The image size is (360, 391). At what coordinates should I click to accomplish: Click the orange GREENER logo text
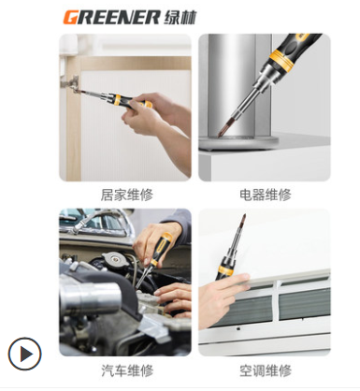111,17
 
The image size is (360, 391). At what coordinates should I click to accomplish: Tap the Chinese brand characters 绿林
180,17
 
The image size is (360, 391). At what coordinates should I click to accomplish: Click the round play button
24,354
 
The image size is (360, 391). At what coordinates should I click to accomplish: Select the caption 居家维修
127,195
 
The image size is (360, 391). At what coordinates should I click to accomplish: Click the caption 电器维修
266,195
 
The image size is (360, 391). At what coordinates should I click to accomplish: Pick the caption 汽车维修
127,370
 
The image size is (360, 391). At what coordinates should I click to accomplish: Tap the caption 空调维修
266,370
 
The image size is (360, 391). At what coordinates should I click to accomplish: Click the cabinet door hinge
72,84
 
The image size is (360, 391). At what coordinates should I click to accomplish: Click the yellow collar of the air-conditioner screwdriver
224,269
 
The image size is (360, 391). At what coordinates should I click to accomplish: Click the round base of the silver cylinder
238,142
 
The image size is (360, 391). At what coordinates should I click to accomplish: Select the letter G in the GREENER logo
70,17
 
